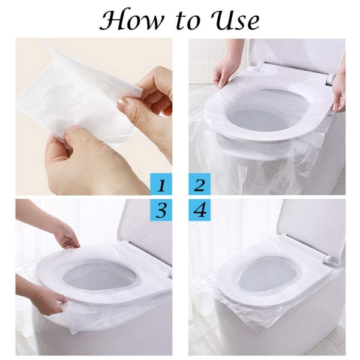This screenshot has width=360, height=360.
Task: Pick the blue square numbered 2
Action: [200, 184]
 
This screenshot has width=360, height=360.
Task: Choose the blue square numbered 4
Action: [200, 211]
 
